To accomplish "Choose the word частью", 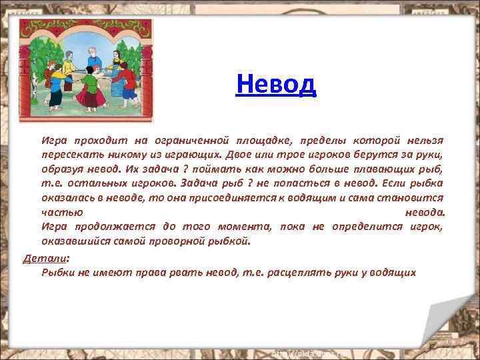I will pos(62,212).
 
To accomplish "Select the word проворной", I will pos(186,241).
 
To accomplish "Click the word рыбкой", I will pos(233,241).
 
